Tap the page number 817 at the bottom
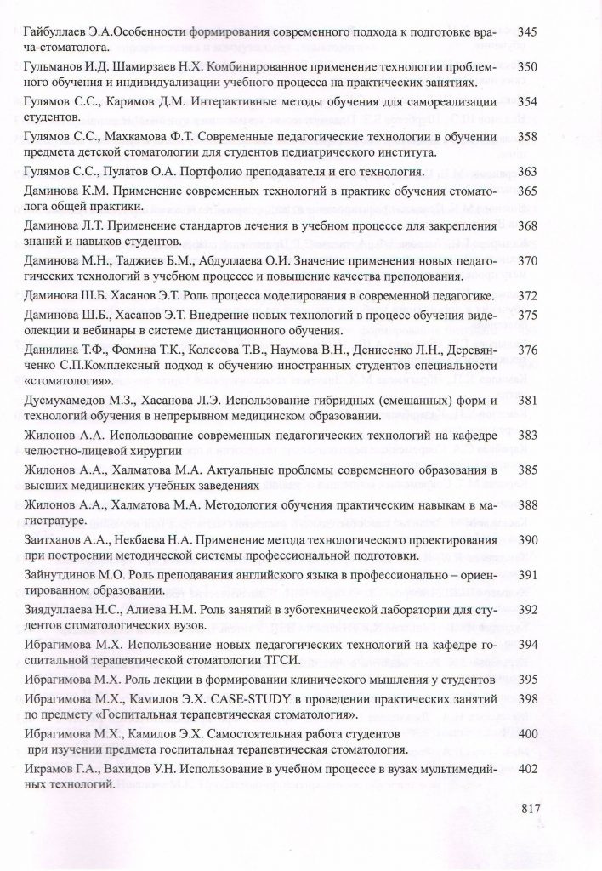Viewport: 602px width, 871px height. click(530, 809)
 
